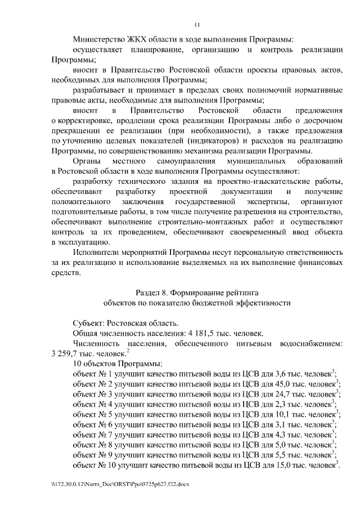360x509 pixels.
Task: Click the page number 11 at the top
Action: (196, 24)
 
